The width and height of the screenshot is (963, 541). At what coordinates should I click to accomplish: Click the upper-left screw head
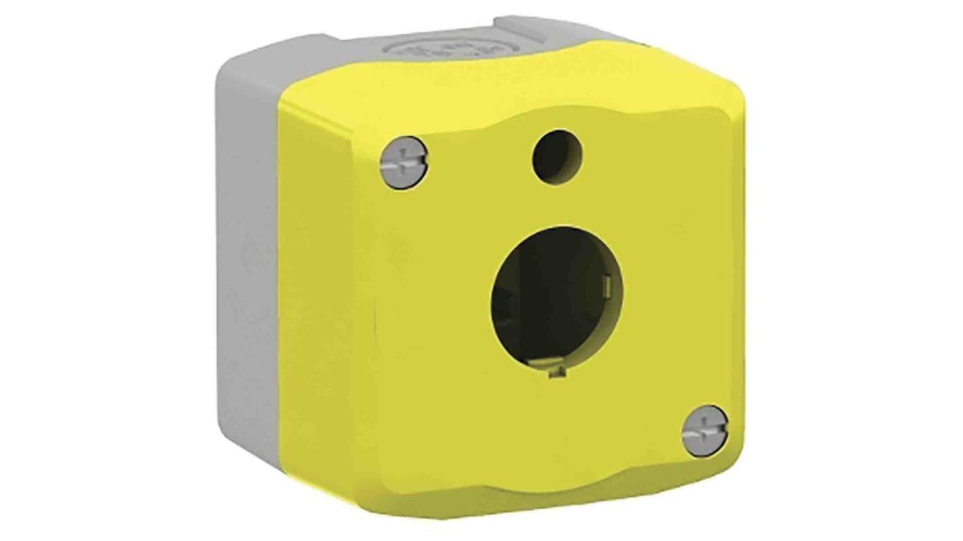[x=404, y=163]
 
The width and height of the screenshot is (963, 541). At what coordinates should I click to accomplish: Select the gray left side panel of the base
[x=248, y=271]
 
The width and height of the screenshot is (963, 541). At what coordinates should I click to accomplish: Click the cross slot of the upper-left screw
[x=405, y=163]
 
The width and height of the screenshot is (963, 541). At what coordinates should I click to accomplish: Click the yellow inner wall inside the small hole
[x=568, y=153]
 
